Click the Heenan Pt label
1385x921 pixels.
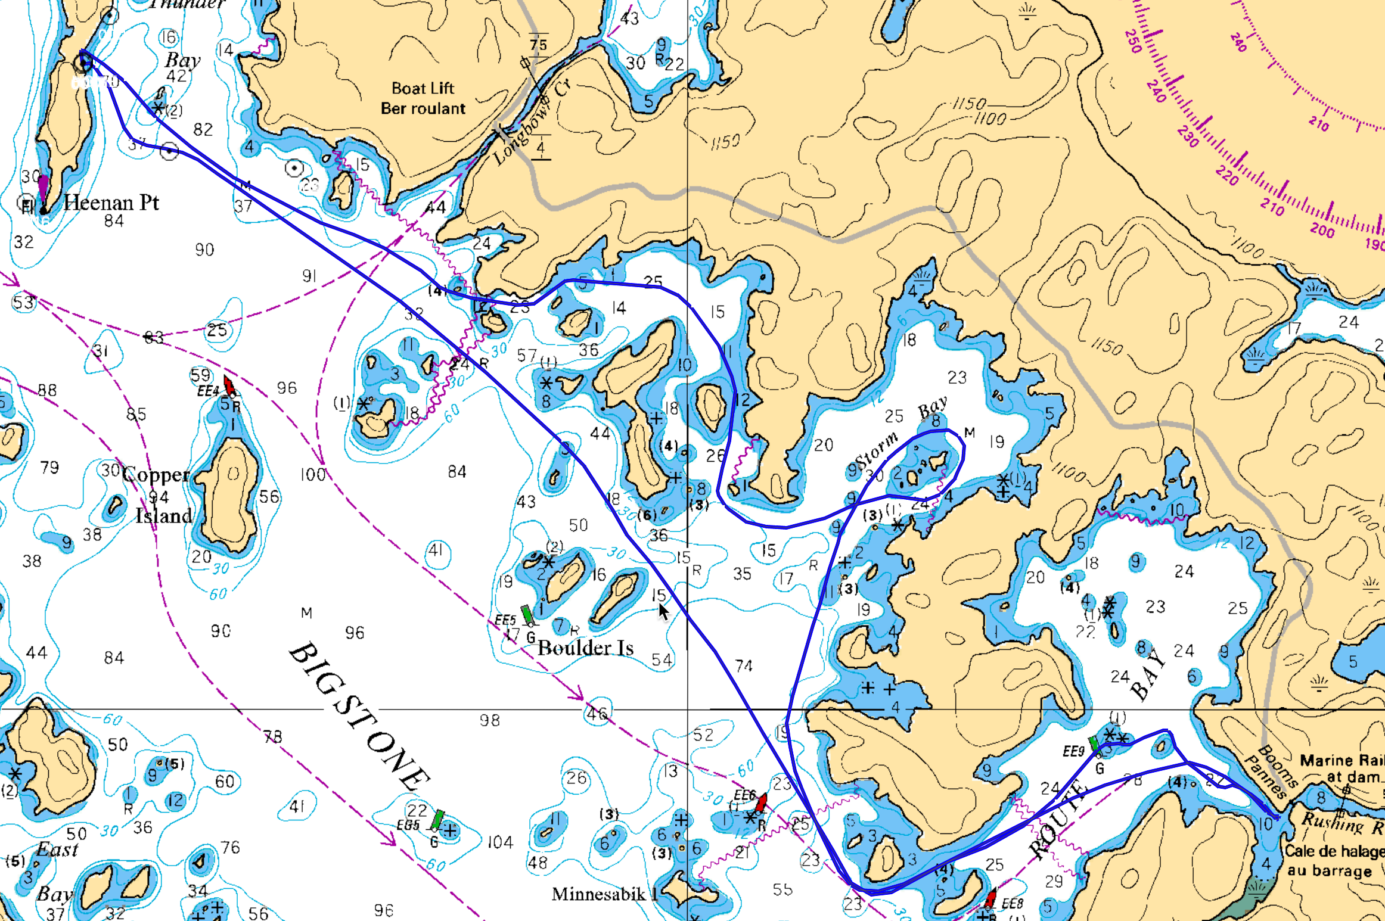111,203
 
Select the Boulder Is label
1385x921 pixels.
585,648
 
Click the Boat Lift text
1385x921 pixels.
423,88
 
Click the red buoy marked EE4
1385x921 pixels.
229,384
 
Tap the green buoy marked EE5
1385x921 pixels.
526,614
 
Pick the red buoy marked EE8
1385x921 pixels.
990,897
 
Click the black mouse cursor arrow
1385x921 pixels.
663,611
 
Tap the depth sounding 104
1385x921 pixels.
500,842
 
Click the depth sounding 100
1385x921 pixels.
313,475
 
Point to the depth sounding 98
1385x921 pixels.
489,720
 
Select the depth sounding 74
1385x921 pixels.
743,665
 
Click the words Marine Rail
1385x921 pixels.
1341,760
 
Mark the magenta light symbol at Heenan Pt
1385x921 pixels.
43,189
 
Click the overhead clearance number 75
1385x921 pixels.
538,44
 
